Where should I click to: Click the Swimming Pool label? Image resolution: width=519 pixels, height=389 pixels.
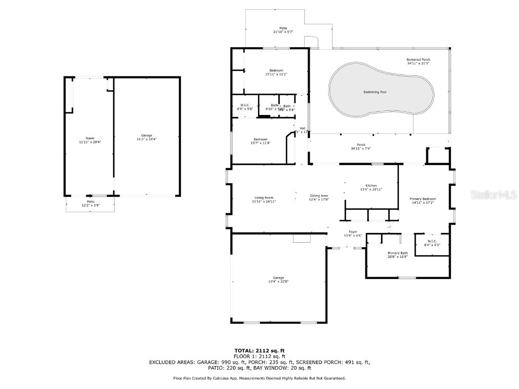tap(375, 92)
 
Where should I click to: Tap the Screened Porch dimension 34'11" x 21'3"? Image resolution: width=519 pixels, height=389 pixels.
tap(418, 63)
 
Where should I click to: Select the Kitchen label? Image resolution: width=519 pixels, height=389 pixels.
tap(371, 186)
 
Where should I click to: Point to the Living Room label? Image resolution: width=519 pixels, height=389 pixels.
tap(264, 198)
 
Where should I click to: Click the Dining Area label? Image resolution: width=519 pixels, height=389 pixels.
tap(319, 196)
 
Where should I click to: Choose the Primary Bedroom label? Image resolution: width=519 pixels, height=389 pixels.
tap(423, 199)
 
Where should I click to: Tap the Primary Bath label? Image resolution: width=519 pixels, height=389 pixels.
tap(397, 253)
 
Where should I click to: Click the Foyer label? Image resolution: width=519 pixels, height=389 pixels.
tap(353, 232)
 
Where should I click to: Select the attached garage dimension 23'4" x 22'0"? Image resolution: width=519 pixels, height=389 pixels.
tap(278, 282)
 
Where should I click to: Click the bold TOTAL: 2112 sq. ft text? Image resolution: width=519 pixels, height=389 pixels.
tap(259, 351)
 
